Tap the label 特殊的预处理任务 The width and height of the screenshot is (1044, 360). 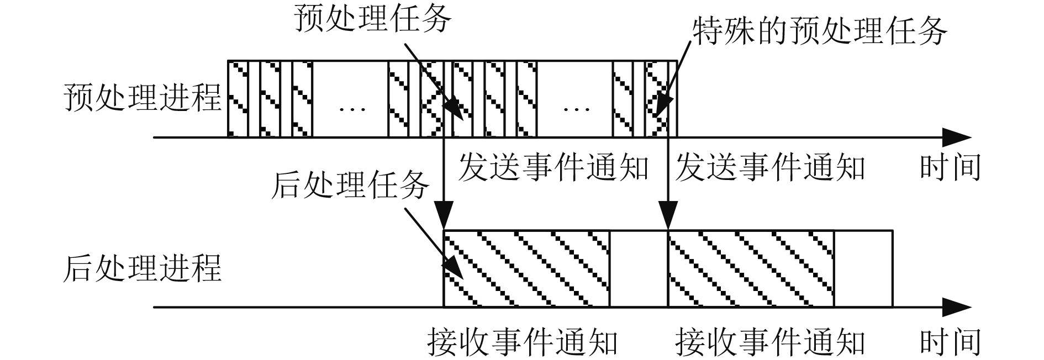pos(820,31)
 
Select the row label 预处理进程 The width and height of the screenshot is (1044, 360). pos(143,98)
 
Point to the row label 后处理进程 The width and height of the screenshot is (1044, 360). pos(143,269)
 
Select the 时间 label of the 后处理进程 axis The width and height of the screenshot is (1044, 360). pos(950,342)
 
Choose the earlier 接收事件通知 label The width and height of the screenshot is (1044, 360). pos(523,342)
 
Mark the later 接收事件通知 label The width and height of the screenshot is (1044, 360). pos(770,342)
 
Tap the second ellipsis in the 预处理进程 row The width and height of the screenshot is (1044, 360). pos(576,108)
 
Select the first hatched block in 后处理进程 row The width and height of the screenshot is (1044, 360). pos(526,269)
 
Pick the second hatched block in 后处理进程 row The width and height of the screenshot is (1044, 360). pos(751,269)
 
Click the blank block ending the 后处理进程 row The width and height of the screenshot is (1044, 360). pos(863,269)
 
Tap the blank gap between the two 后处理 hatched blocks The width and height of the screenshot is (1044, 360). pos(639,269)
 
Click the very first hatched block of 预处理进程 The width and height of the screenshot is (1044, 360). pos(238,98)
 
